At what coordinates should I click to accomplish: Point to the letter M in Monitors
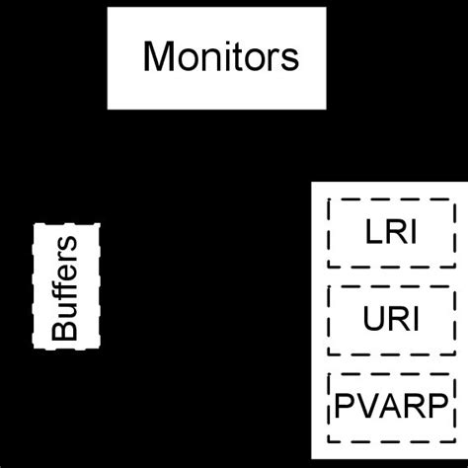pyautogui.click(x=159, y=57)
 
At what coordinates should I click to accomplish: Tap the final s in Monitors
pyautogui.click(x=289, y=59)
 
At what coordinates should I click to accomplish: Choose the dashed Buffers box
pyautogui.click(x=67, y=284)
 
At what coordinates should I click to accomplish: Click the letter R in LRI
pyautogui.click(x=395, y=233)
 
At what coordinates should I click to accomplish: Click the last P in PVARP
pyautogui.click(x=434, y=407)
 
